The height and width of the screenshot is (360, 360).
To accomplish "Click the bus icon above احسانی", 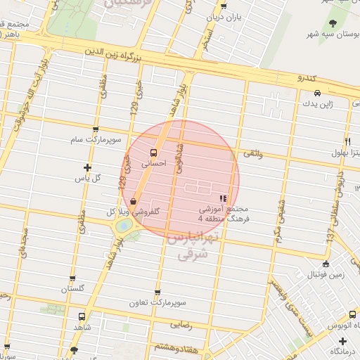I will pyautogui.click(x=153, y=152).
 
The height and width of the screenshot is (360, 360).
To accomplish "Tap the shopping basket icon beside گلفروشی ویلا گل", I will pyautogui.click(x=133, y=202).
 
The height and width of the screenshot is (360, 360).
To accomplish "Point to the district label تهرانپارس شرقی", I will pyautogui.click(x=188, y=247).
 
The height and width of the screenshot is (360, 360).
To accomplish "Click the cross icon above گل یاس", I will pyautogui.click(x=87, y=167).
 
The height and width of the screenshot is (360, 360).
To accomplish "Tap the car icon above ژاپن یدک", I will pyautogui.click(x=317, y=93).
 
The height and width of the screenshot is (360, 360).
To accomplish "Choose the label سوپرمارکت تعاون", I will pyautogui.click(x=157, y=303).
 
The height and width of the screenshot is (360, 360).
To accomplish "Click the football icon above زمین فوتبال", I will pyautogui.click(x=325, y=264).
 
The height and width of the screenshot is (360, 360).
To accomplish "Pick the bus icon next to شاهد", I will pyautogui.click(x=82, y=317).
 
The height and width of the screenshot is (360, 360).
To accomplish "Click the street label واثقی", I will pyautogui.click(x=250, y=153).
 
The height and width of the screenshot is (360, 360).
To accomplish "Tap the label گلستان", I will pyautogui.click(x=72, y=289).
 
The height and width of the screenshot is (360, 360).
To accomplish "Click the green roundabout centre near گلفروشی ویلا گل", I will pyautogui.click(x=124, y=226).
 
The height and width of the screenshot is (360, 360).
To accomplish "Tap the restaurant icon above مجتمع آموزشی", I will pyautogui.click(x=224, y=200).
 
